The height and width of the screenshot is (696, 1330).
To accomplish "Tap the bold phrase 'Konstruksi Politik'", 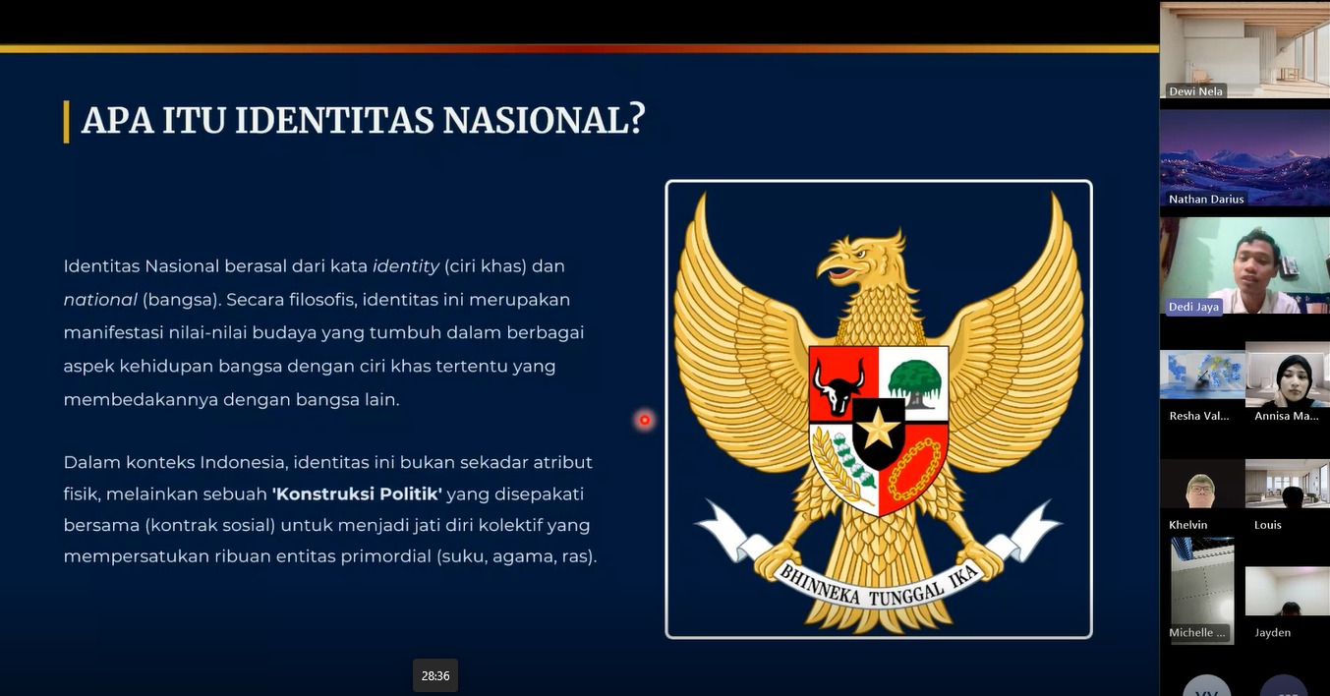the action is [357, 494].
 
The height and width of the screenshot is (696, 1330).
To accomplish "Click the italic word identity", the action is [406, 266].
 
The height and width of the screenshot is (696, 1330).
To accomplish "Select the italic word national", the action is [100, 300].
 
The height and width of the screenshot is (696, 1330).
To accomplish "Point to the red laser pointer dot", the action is [645, 421].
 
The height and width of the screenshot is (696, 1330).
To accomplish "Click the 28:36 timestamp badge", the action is [435, 675].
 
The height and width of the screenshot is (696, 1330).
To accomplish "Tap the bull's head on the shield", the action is [838, 386].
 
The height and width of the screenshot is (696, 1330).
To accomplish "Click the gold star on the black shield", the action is [879, 428].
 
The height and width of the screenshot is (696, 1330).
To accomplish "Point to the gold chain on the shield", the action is [915, 469].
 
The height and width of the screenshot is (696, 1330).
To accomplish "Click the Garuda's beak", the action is [837, 267].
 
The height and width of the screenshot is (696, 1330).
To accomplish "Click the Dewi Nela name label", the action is [1195, 91].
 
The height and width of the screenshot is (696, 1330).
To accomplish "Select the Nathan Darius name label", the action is [1206, 199].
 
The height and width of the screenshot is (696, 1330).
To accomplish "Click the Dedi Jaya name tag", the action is [1193, 307].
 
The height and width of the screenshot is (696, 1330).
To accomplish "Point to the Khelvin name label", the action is [1188, 525].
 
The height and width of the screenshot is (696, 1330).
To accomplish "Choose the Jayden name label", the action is [1272, 633].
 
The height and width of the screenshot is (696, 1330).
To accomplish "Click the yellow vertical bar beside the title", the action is [67, 122].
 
